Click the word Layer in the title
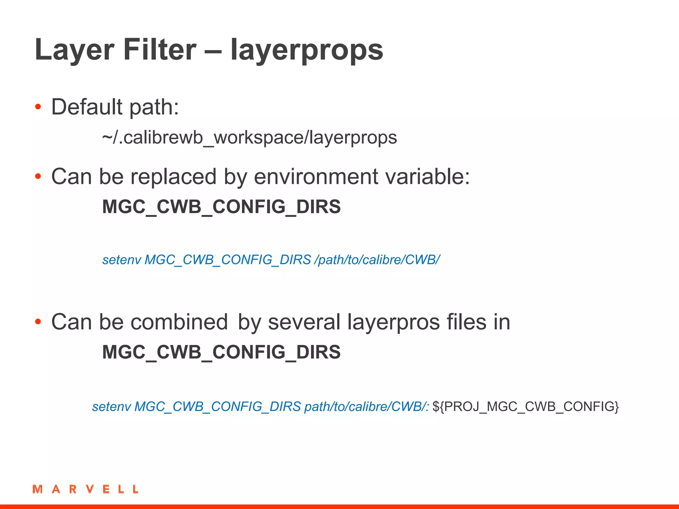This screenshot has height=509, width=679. click(x=75, y=50)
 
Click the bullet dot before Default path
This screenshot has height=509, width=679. click(x=38, y=107)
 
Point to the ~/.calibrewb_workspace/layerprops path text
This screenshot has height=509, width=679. click(x=249, y=138)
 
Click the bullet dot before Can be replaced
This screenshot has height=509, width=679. click(x=38, y=177)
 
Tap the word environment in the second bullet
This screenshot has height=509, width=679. click(x=316, y=177)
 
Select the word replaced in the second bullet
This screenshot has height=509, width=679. click(x=173, y=177)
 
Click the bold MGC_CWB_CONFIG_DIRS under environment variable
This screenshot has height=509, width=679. click(x=221, y=207)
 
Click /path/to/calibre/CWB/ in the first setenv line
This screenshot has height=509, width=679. click(x=378, y=260)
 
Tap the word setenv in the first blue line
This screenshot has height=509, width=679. click(x=122, y=260)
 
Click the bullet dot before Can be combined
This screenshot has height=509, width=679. click(x=38, y=321)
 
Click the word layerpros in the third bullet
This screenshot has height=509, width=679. click(x=393, y=322)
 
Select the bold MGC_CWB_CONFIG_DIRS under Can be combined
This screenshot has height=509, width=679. click(x=221, y=352)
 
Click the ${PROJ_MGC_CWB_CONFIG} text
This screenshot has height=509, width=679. click(x=525, y=407)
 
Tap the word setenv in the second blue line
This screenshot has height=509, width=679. click(x=112, y=407)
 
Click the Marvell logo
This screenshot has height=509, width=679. click(x=86, y=489)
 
